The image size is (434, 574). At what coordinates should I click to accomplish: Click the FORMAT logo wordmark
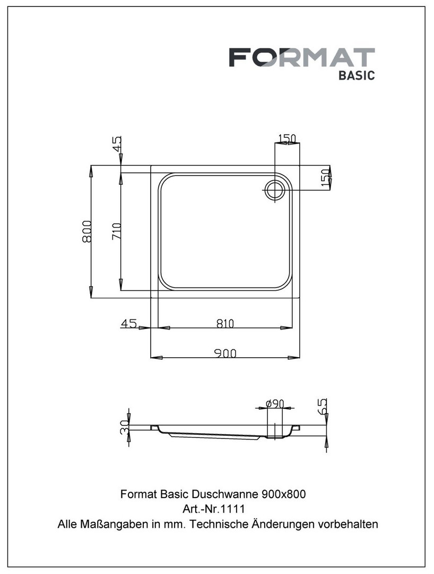(x=302, y=57)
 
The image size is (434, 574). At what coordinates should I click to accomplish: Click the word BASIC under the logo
(x=357, y=75)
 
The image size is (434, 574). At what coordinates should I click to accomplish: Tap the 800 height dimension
(x=87, y=231)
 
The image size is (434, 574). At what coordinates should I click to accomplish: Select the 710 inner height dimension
(x=116, y=231)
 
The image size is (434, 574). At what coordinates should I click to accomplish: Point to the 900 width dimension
(x=225, y=353)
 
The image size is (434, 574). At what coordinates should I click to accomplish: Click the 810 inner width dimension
(x=225, y=324)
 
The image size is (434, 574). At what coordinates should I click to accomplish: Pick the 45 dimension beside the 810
(x=128, y=324)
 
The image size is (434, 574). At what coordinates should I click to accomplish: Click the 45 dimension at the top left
(x=117, y=144)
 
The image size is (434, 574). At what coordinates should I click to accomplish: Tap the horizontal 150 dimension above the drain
(x=287, y=138)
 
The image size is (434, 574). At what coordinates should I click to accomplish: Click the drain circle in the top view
(x=274, y=190)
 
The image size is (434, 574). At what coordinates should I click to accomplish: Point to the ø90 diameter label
(x=275, y=403)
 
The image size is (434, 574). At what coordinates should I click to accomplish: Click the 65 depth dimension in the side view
(x=322, y=406)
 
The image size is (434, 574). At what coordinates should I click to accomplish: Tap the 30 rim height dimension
(x=125, y=427)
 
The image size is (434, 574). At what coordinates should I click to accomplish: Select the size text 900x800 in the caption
(x=284, y=494)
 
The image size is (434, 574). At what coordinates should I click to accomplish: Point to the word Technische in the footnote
(x=219, y=524)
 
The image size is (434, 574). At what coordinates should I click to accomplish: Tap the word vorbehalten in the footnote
(x=348, y=524)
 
